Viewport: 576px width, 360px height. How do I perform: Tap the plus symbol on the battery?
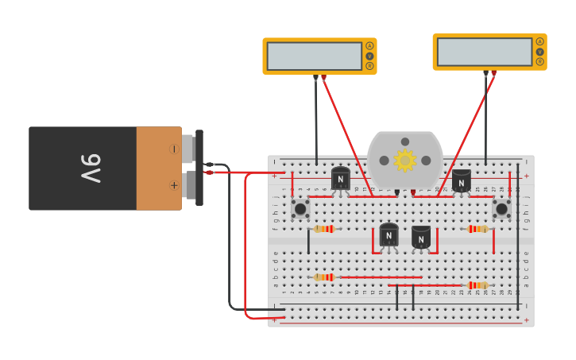173,185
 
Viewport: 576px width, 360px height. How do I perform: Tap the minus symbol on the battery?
173,149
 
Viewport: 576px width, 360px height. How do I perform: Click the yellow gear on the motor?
405,161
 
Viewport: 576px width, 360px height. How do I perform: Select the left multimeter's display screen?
315,56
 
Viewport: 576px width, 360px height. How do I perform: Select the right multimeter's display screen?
485,52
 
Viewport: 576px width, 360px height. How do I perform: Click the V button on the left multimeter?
369,56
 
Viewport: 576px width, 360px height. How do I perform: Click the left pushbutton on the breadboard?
300,208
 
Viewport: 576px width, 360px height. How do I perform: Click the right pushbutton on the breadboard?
501,208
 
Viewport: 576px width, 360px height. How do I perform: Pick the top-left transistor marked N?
341,179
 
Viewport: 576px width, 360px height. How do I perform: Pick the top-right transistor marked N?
462,180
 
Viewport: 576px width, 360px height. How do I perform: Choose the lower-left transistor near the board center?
389,235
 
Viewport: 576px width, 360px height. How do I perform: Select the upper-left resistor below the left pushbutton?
323,229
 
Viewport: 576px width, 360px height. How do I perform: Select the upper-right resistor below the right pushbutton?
477,229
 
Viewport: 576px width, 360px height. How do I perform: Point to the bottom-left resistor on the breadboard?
323,277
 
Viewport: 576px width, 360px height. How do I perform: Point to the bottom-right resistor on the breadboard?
477,285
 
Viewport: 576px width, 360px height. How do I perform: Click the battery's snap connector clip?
199,168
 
